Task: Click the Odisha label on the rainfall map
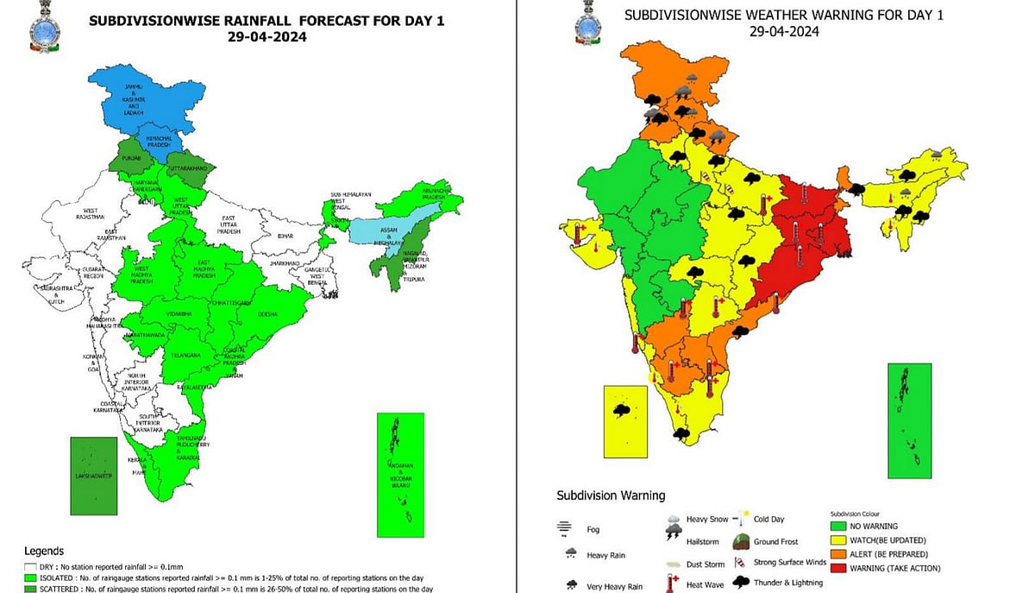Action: pos(267,314)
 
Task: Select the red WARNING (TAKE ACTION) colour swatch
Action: pos(837,568)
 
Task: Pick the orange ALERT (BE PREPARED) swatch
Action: pos(837,554)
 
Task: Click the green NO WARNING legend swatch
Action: pos(837,526)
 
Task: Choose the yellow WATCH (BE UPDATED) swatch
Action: pos(837,539)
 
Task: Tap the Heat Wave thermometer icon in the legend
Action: pos(668,584)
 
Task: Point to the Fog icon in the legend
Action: pos(565,527)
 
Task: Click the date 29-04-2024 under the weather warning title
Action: pos(783,31)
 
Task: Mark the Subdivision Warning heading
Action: pos(611,495)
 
